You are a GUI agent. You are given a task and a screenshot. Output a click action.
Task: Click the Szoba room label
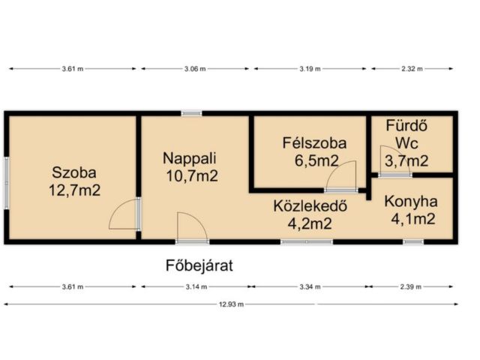(72, 170)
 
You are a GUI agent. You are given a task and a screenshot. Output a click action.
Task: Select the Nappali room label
(190, 158)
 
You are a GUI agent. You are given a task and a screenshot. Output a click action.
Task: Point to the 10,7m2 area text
(192, 177)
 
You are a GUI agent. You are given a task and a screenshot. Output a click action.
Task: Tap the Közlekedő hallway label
(303, 204)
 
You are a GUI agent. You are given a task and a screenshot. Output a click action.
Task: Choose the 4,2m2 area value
(303, 222)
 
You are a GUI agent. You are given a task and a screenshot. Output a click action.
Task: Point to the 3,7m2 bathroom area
(406, 160)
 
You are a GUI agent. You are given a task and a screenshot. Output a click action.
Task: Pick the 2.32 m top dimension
(411, 68)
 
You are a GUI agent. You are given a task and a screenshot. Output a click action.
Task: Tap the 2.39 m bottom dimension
(411, 286)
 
